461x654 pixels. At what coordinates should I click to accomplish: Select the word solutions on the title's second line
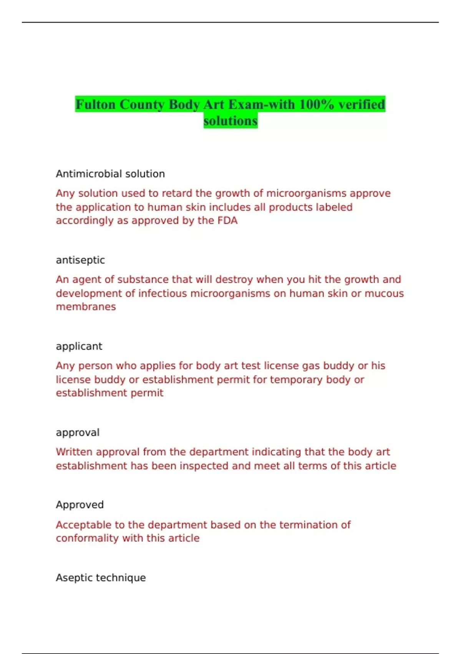(230, 121)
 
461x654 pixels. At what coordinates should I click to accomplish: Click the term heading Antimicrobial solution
(110, 174)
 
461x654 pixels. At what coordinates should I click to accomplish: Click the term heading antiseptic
(80, 260)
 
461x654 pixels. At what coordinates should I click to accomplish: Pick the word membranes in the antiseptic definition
(86, 307)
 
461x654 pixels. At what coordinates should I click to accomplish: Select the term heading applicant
(79, 346)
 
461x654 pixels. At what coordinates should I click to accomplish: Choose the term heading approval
(78, 432)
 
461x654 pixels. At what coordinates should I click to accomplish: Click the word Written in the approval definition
(74, 452)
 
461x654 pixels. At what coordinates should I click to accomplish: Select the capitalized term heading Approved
(80, 505)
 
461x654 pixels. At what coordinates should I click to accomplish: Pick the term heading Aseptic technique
(101, 577)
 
